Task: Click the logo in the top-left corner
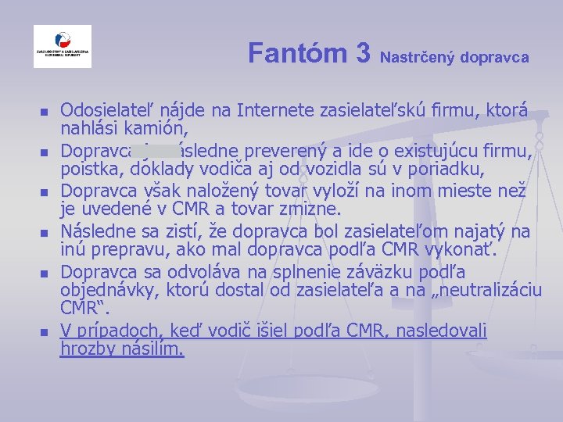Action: pos(63,46)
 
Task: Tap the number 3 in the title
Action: pos(362,53)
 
